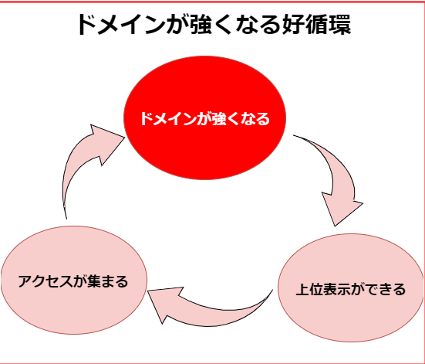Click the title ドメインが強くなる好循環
(214, 25)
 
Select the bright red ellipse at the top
(204, 117)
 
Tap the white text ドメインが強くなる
(205, 119)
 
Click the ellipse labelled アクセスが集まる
(74, 280)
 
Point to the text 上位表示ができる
(351, 289)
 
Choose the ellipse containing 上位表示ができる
(351, 287)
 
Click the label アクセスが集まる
(73, 281)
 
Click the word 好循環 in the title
(316, 25)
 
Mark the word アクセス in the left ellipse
(46, 281)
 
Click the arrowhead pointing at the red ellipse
(108, 144)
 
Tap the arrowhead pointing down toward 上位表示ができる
(341, 209)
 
